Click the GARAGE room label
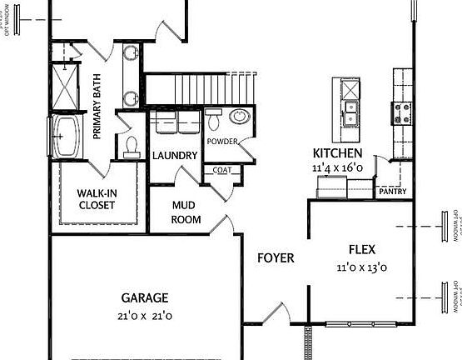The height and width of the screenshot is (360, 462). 145,297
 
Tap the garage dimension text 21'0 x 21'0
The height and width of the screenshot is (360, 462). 145,316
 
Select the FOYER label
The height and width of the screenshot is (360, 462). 275,258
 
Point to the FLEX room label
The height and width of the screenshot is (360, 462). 365,248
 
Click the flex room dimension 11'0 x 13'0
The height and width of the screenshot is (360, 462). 364,267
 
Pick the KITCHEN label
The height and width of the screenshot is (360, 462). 337,153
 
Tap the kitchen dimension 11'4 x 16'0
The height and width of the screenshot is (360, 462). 337,167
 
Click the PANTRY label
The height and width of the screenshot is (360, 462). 391,191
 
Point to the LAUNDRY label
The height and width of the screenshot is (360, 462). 175,156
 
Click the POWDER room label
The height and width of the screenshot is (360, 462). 222,142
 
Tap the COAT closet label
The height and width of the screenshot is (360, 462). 221,171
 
